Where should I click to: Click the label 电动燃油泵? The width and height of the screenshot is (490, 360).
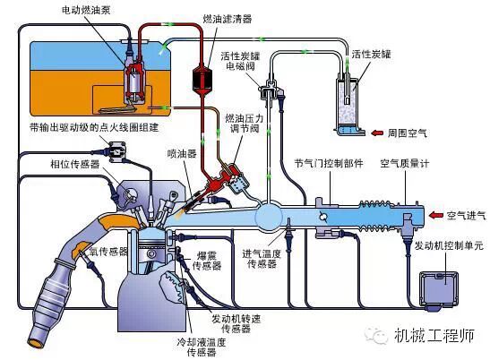pyautogui.click(x=86, y=11)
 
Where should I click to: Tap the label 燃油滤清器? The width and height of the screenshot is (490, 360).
pyautogui.click(x=228, y=19)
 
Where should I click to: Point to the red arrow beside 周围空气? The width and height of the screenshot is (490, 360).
pyautogui.click(x=377, y=133)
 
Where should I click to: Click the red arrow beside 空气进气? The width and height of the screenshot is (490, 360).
pyautogui.click(x=436, y=215)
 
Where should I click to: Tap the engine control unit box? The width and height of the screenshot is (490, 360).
pyautogui.click(x=439, y=289)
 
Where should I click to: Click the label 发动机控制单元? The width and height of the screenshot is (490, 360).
pyautogui.click(x=449, y=245)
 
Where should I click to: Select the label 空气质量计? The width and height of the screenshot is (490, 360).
pyautogui.click(x=405, y=164)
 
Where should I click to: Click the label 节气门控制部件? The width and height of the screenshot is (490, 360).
pyautogui.click(x=329, y=163)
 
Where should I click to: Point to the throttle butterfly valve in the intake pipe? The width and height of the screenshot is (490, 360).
pyautogui.click(x=322, y=216)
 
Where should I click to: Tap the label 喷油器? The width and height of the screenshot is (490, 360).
pyautogui.click(x=182, y=153)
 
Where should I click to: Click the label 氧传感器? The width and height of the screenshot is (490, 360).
pyautogui.click(x=108, y=252)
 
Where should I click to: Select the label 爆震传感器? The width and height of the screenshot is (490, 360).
pyautogui.click(x=207, y=261)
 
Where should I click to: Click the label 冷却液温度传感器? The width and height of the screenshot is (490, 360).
pyautogui.click(x=202, y=347)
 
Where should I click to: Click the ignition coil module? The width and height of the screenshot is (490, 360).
pyautogui.click(x=117, y=151)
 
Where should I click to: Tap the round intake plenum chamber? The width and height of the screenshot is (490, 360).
pyautogui.click(x=269, y=217)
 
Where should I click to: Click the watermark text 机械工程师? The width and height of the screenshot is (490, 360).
pyautogui.click(x=434, y=335)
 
